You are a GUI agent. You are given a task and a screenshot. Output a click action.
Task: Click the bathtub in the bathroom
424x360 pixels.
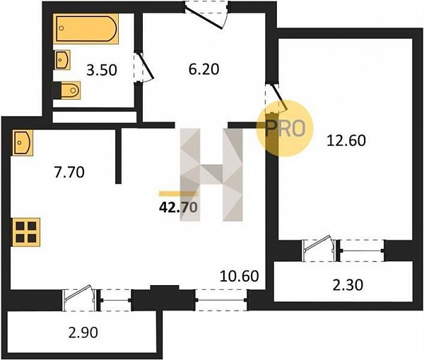pos(86,28)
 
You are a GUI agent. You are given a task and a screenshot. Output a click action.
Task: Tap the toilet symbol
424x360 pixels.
pos(68,90)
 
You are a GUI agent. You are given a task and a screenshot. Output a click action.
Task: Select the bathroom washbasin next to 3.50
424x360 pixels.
pos(62,59)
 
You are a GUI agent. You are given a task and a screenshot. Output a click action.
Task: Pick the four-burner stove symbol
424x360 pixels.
pos(26,232)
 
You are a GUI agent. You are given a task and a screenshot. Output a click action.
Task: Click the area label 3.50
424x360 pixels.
pos(102,70)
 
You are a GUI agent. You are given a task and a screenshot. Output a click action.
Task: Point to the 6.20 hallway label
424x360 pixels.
pos(204,69)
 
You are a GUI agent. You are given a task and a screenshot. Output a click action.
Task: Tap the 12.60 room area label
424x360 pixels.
pos(346,141)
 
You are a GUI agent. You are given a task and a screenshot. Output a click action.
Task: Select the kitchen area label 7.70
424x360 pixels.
pos(69,172)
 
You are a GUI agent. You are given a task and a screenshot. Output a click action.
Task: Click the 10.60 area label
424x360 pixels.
pos(240,276)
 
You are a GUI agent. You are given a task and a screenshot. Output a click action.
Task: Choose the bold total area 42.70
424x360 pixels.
pos(178,208)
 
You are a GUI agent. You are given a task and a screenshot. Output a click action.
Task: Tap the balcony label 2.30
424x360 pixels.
pos(348,285)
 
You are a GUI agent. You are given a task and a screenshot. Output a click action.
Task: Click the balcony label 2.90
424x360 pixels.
pos(83,332)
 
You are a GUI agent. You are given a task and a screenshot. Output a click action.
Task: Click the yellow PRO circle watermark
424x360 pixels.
pos(285,128)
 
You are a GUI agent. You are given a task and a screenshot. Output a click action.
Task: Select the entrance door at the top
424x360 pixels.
pos(206,13)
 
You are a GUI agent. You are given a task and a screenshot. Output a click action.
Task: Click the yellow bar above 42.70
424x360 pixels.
pos(178,194)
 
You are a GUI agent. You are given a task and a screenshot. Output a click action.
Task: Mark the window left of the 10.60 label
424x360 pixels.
pos(221,300)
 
